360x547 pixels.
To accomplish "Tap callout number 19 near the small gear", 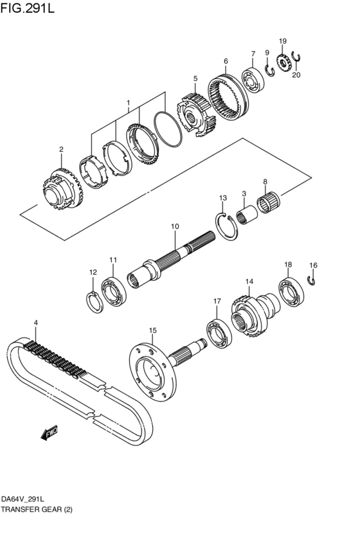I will (282, 41).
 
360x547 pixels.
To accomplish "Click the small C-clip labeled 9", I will (271, 69).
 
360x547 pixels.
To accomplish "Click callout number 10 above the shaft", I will (174, 226).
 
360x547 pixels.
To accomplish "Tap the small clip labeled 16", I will (312, 279).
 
